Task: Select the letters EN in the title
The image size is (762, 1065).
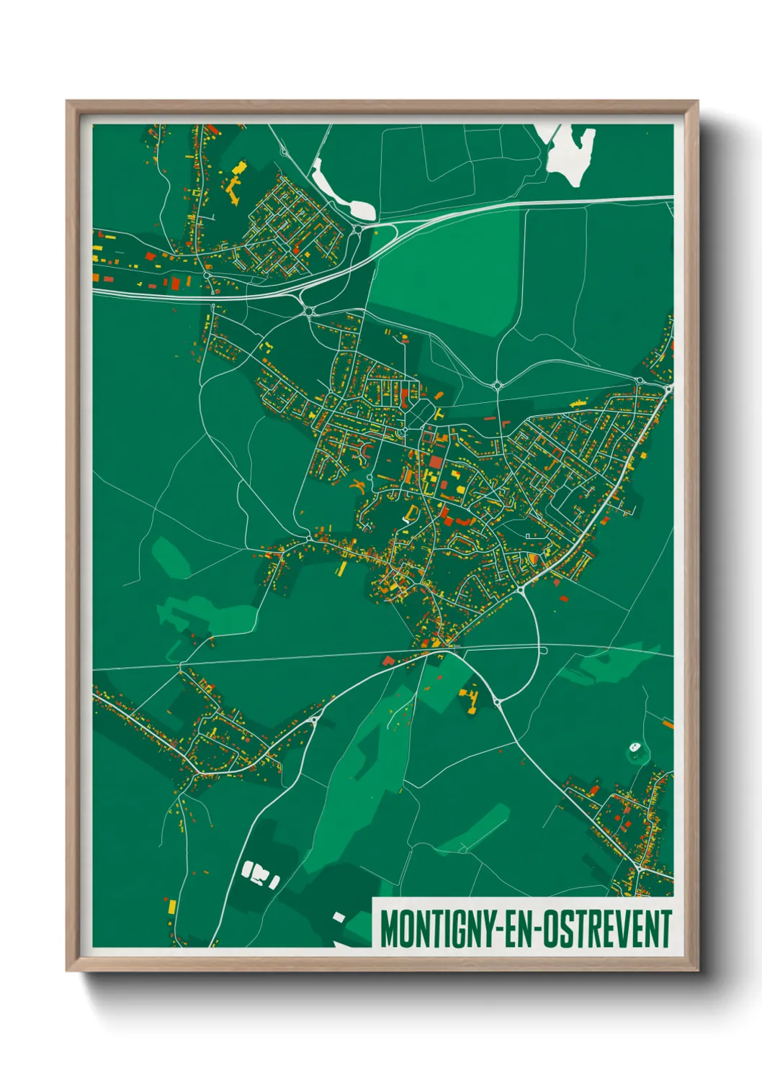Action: coord(513,929)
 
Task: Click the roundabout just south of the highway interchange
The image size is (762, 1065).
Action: coord(309,312)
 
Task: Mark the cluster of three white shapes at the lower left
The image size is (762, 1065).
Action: coord(260,874)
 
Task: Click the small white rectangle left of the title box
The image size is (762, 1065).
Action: coord(339,917)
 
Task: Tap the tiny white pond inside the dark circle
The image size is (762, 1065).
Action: coord(635,747)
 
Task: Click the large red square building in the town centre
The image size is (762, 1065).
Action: coord(436,462)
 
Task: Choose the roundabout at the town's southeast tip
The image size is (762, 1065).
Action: coord(520,589)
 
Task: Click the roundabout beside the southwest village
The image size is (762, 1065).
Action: coord(314,719)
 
